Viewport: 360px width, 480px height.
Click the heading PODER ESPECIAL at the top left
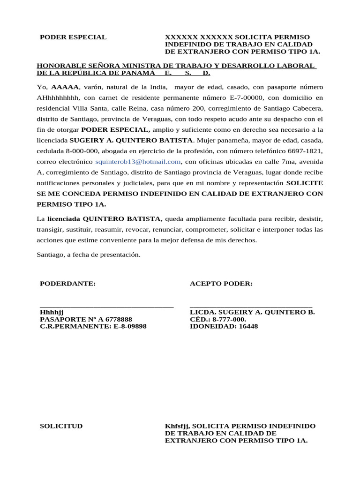[x=73, y=37]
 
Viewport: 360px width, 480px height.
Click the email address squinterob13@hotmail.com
[x=138, y=162]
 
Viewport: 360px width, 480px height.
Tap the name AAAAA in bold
[x=65, y=87]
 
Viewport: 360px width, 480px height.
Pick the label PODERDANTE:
[x=68, y=284]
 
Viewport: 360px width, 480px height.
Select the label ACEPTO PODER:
[x=221, y=284]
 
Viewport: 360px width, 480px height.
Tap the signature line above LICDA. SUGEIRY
[x=251, y=306]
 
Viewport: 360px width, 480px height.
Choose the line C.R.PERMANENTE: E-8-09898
[x=93, y=326]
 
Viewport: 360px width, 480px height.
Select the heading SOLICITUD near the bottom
[x=61, y=426]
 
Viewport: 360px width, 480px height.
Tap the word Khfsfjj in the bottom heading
[x=177, y=426]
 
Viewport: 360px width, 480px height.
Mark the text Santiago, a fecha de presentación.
[x=88, y=255]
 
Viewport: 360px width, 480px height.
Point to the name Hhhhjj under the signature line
[x=52, y=312]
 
